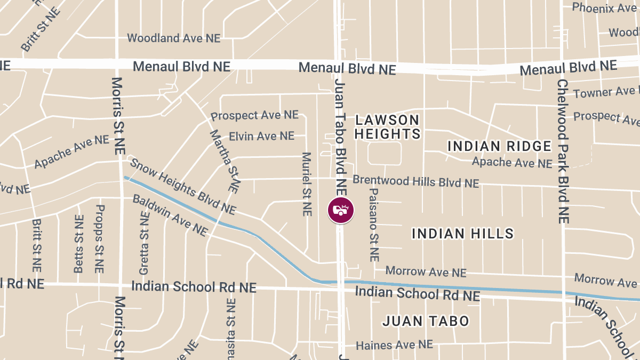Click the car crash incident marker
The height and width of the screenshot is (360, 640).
pyautogui.click(x=340, y=210)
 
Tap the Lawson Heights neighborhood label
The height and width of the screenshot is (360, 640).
pyautogui.click(x=387, y=126)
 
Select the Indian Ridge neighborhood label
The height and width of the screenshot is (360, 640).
pyautogui.click(x=499, y=146)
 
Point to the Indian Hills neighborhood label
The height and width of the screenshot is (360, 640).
pyautogui.click(x=463, y=233)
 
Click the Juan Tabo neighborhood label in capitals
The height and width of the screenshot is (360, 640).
pyautogui.click(x=426, y=321)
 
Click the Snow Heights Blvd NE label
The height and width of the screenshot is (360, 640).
pyautogui.click(x=183, y=186)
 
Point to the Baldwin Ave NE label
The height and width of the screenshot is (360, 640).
pyautogui.click(x=170, y=215)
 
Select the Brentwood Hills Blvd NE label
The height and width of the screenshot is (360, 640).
pyautogui.click(x=415, y=182)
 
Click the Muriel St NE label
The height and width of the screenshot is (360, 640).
pyautogui.click(x=306, y=184)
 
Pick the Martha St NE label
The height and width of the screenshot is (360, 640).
pyautogui.click(x=224, y=161)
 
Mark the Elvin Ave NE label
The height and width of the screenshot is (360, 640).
pyautogui.click(x=261, y=136)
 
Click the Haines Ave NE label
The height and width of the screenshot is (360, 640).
pyautogui.click(x=394, y=345)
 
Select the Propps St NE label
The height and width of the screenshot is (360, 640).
pyautogui.click(x=99, y=239)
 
